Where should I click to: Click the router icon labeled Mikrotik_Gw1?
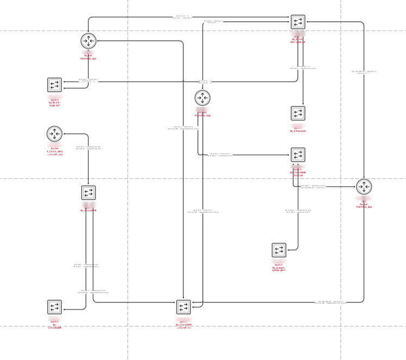[x=88, y=41]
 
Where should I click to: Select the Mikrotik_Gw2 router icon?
[x=202, y=98]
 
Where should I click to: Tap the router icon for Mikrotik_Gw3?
[x=364, y=186]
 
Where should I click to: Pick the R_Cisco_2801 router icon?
[x=54, y=134]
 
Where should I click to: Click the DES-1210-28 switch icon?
[x=298, y=22]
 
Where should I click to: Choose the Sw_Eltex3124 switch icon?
[x=298, y=113]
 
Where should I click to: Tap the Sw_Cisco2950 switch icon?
[x=89, y=192]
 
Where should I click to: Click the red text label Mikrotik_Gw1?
[x=88, y=58]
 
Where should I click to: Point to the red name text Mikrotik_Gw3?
[x=364, y=207]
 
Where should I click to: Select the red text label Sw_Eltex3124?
[x=298, y=131]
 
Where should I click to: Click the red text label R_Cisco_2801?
[x=54, y=151]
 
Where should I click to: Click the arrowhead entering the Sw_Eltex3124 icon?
[x=303, y=104]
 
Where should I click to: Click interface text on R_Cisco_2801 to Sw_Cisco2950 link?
[x=88, y=147]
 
